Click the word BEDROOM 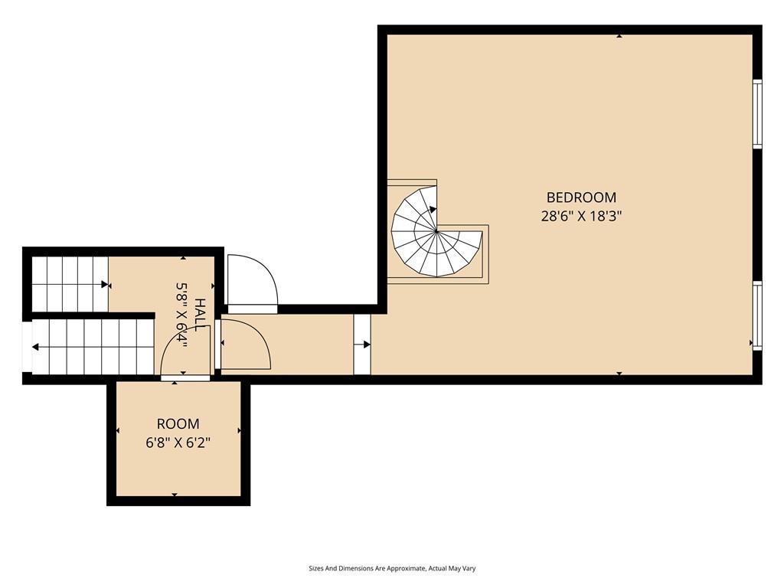tap(581, 198)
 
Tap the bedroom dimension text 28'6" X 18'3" tap(581, 216)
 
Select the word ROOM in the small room tap(178, 424)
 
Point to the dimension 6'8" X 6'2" tap(178, 443)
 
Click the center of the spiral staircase tap(436, 231)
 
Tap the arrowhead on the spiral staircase tap(433, 210)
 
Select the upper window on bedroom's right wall tap(757, 114)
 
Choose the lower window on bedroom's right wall tap(757, 315)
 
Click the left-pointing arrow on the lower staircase tap(35, 347)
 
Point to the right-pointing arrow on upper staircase tap(105, 285)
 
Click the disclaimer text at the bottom tap(392, 569)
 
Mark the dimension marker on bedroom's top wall tap(619, 36)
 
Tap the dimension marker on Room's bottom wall tap(175, 495)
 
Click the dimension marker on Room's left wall tap(118, 430)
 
